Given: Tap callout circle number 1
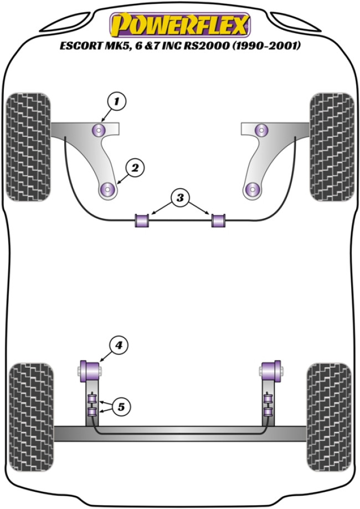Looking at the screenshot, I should pos(116,101).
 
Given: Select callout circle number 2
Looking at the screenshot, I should pos(134,166).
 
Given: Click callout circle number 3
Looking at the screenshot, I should pos(179,198).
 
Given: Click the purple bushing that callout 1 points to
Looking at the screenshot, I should pos(99,131).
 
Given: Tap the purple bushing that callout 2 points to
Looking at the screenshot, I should pos(107,189).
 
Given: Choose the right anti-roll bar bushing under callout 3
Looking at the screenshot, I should pos(219,220).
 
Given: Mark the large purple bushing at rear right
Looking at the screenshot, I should pos(270,368).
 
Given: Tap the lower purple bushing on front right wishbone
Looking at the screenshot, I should pos(253,189).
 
